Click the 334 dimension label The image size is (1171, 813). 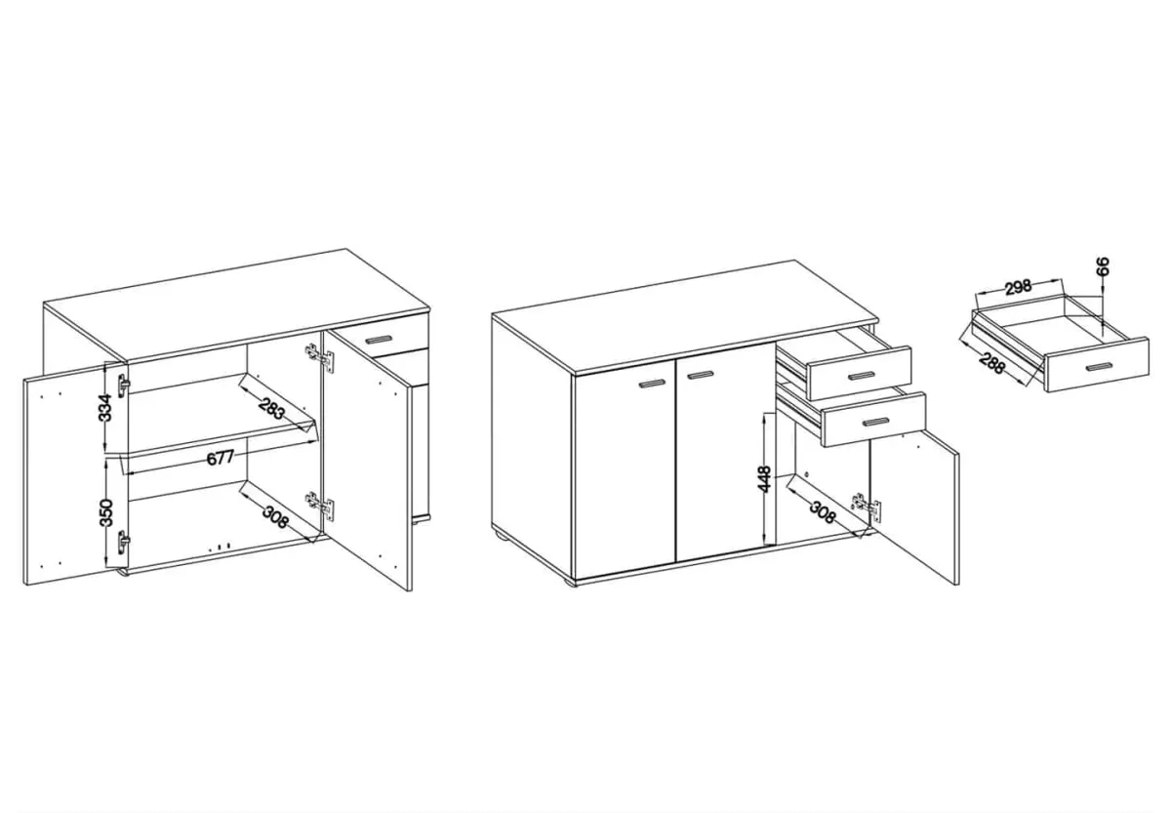[105, 407]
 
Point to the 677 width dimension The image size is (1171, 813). [221, 458]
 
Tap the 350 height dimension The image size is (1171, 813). [105, 512]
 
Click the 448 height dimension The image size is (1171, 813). [764, 479]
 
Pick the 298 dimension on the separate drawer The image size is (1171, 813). [1017, 288]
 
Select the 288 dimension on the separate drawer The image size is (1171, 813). [991, 364]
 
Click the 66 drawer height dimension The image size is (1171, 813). [1102, 266]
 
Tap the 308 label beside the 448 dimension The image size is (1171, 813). [823, 512]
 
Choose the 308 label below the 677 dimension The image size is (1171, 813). [275, 517]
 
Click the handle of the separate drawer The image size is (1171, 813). [1100, 367]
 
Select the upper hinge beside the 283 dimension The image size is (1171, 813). [320, 356]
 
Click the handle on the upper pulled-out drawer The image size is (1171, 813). [862, 376]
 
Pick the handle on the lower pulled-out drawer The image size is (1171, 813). [875, 422]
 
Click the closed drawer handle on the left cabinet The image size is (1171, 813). [379, 339]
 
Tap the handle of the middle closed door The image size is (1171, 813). [701, 375]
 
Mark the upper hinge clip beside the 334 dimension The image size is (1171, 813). [123, 386]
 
